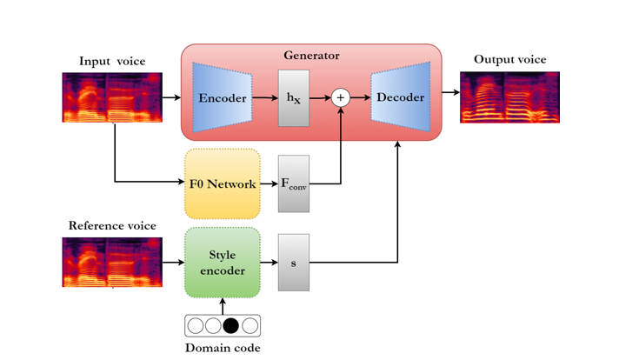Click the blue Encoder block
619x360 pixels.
tap(223, 97)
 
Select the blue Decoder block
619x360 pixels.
tap(400, 97)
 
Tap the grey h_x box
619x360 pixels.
tap(294, 98)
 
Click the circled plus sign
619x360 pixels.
tap(341, 98)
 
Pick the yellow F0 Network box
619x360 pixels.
tap(223, 183)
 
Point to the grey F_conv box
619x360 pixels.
tap(294, 183)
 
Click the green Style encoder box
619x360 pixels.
tap(223, 263)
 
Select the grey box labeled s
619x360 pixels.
tap(294, 263)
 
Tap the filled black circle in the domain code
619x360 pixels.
tap(231, 326)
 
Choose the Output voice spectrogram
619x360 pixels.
tap(509, 97)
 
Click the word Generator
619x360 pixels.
tap(311, 56)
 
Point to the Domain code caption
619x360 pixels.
tap(223, 348)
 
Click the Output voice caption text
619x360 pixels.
tap(509, 60)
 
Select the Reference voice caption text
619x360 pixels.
tap(112, 226)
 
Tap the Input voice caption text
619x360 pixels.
tap(112, 61)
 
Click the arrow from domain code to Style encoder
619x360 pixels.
tap(223, 306)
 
